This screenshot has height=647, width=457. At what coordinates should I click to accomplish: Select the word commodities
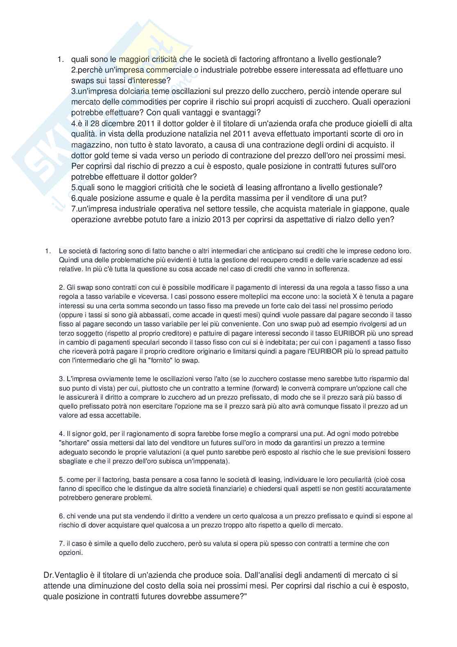[x=145, y=102]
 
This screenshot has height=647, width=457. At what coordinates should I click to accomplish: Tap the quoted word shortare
[x=75, y=443]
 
